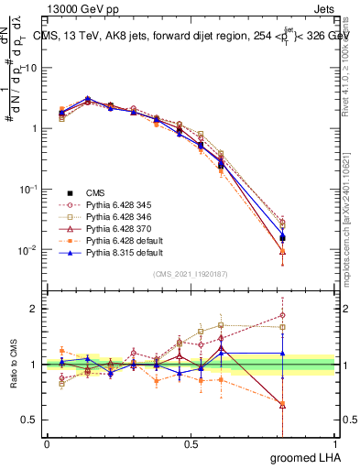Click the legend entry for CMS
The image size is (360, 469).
point(96,192)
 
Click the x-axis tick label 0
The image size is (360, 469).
point(48,444)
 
